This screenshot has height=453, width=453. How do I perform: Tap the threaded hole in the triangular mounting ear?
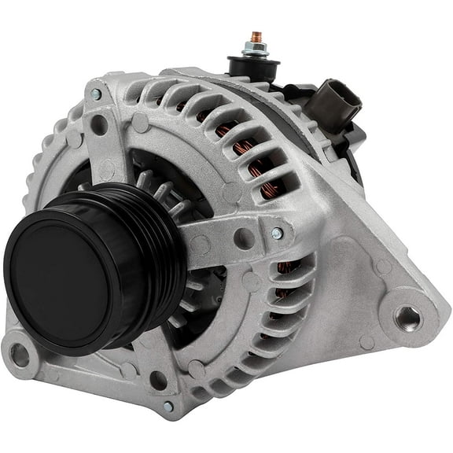pyautogui.click(x=407, y=318)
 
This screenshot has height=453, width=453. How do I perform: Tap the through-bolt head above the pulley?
pyautogui.click(x=95, y=94)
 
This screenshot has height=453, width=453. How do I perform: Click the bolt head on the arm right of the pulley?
pyautogui.click(x=277, y=234)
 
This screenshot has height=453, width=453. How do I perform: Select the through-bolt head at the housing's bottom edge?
pyautogui.click(x=168, y=406)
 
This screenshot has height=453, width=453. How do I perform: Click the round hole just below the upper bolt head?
pyautogui.click(x=100, y=124)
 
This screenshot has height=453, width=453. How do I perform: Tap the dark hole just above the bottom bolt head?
pyautogui.click(x=158, y=381)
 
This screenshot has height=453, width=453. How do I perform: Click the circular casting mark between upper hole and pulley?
pyautogui.click(x=108, y=168)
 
